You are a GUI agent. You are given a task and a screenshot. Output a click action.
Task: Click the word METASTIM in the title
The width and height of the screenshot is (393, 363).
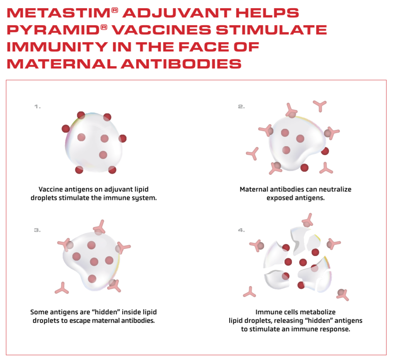[58, 13]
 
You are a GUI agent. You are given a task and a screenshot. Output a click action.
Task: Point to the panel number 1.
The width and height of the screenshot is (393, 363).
[37, 107]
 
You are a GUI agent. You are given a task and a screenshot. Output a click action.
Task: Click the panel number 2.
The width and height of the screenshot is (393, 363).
[241, 107]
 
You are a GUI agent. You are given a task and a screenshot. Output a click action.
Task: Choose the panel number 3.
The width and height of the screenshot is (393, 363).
[37, 230]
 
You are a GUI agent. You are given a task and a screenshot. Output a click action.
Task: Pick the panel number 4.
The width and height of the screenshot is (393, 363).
[241, 230]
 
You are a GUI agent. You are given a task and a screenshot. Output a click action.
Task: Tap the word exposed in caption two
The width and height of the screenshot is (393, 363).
[279, 198]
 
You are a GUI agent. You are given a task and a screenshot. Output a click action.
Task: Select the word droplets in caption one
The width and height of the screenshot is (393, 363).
[44, 198]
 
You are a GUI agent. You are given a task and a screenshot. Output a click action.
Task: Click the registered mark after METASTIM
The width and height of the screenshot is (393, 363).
[114, 10]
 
